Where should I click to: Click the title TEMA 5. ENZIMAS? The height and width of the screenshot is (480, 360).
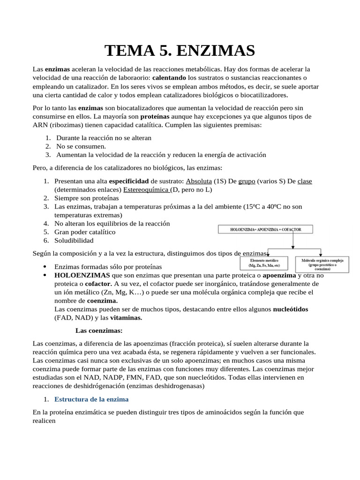(180, 50)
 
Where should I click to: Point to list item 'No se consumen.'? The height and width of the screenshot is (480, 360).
(81, 146)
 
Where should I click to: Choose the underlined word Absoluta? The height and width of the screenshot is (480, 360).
(199, 181)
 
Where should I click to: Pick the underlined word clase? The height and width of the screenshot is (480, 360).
(305, 181)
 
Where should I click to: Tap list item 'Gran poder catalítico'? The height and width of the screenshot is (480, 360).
(85, 232)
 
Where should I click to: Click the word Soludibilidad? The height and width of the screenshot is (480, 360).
(74, 240)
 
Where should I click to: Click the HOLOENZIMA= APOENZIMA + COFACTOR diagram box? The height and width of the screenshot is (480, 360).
(265, 229)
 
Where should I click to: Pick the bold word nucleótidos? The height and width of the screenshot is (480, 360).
(291, 309)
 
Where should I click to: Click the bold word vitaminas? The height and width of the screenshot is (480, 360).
(126, 317)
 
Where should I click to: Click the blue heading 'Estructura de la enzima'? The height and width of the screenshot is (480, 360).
(91, 399)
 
